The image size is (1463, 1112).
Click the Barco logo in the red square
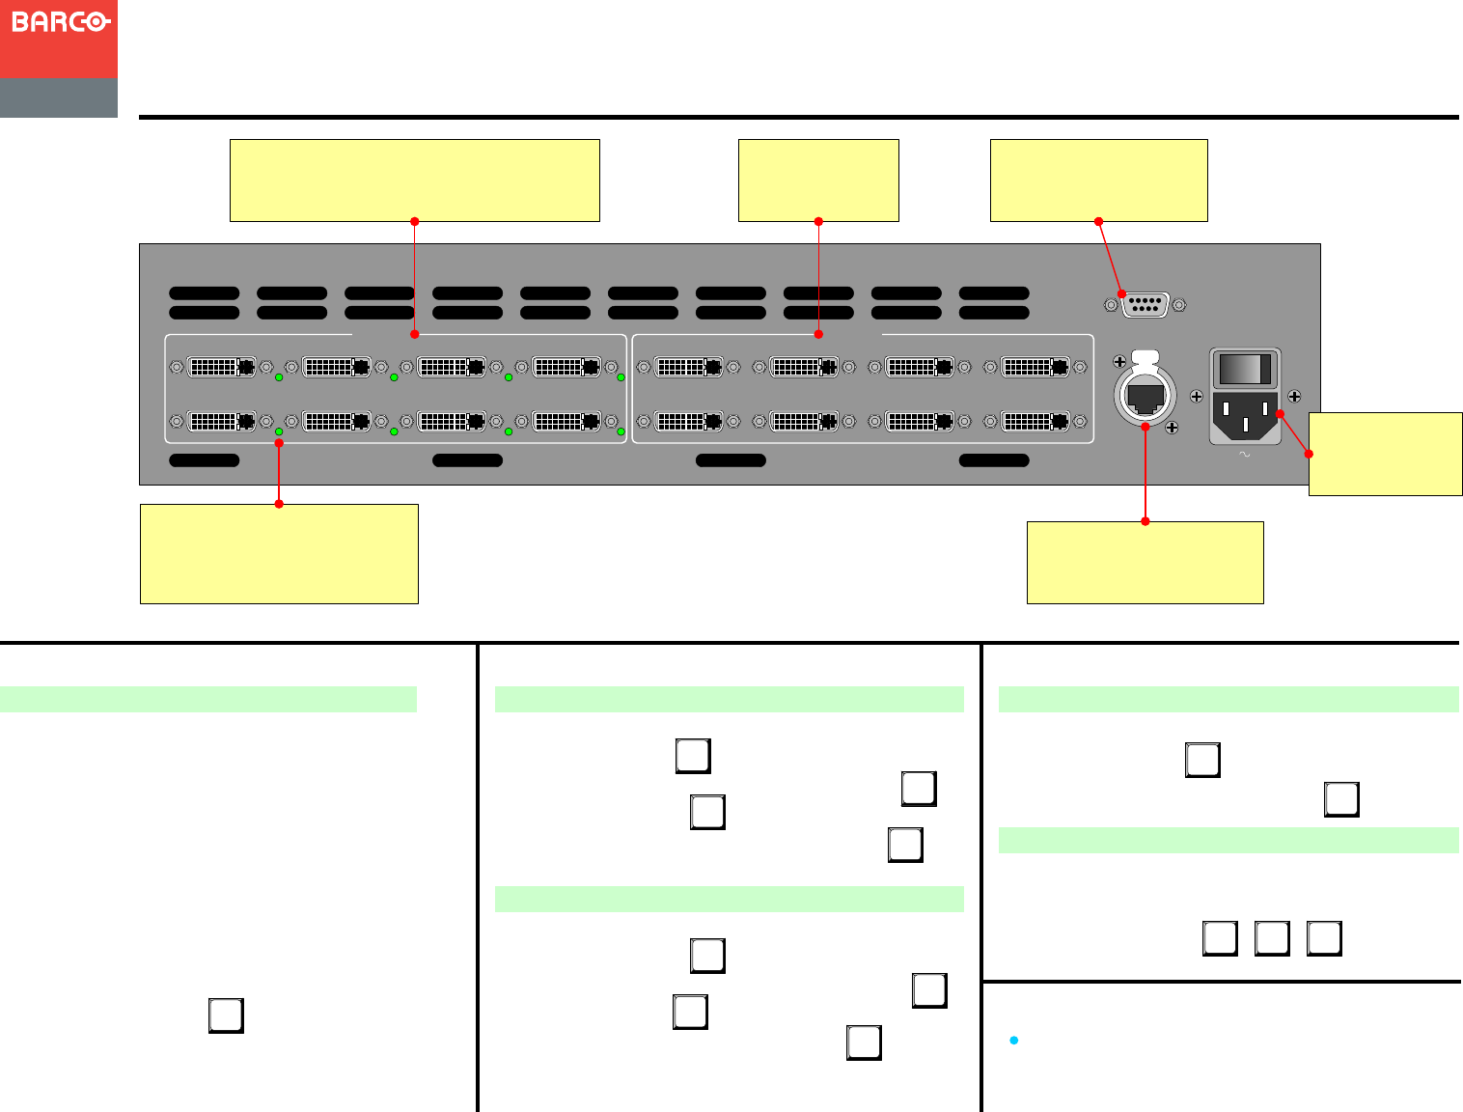click(x=60, y=21)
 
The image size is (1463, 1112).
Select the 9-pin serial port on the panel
click(x=1145, y=305)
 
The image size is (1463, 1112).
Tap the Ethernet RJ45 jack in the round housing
click(x=1146, y=396)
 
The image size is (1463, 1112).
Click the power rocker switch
click(x=1245, y=369)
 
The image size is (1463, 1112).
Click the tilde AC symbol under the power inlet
click(x=1244, y=454)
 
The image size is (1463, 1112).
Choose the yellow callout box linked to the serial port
click(x=1098, y=181)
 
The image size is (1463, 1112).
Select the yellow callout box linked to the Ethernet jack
click(x=1145, y=563)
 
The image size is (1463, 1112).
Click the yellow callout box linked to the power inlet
click(x=1385, y=454)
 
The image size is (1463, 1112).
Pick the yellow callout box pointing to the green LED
click(x=279, y=554)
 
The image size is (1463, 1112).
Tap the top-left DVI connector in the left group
click(x=221, y=367)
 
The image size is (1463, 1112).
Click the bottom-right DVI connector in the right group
click(x=1035, y=421)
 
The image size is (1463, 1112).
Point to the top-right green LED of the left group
click(x=621, y=377)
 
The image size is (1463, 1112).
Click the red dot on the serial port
click(x=1121, y=293)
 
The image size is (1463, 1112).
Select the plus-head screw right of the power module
click(x=1294, y=396)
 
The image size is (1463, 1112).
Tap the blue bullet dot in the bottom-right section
click(x=1013, y=1040)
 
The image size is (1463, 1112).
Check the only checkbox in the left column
click(x=226, y=1015)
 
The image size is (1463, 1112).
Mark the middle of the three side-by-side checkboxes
click(x=1272, y=938)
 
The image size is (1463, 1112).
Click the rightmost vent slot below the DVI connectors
click(x=994, y=460)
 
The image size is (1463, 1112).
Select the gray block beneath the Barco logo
click(x=59, y=98)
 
